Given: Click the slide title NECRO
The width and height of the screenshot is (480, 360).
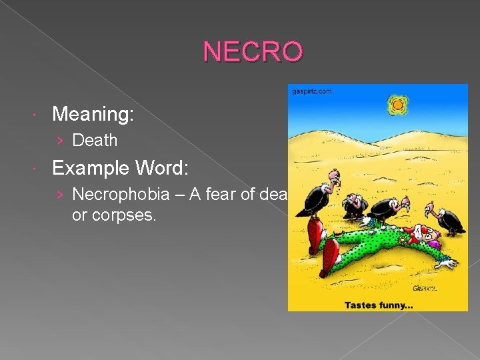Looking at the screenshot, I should [253, 51].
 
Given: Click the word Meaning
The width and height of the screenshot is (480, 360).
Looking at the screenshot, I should [93, 115].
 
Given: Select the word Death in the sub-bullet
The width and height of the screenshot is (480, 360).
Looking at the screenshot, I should [95, 141].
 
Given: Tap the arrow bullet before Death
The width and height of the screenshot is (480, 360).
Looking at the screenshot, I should [61, 141].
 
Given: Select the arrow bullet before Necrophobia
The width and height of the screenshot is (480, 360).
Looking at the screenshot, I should [61, 194].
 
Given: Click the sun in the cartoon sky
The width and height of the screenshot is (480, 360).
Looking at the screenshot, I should [397, 104].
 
